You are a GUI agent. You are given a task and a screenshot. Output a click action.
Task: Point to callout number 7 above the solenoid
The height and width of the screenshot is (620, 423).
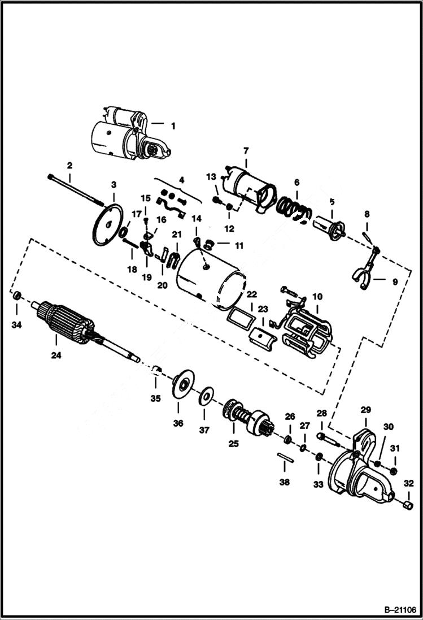[246, 151]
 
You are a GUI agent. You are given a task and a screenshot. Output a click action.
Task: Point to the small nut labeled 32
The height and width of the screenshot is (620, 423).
[408, 503]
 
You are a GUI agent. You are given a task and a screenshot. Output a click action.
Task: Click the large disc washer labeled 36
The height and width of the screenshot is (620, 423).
[182, 383]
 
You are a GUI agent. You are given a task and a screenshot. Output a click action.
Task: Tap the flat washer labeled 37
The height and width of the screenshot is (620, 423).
[206, 394]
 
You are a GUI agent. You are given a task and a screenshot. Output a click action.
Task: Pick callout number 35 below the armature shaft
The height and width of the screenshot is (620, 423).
[155, 398]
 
